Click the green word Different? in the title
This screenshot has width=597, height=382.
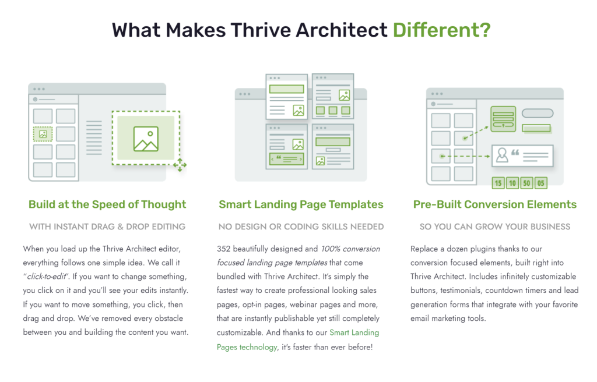[442, 30]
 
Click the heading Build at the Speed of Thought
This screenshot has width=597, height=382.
[107, 205]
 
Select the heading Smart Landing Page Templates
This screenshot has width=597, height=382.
[301, 205]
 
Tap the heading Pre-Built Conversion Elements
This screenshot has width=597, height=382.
[494, 205]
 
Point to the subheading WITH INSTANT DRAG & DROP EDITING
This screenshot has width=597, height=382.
[107, 227]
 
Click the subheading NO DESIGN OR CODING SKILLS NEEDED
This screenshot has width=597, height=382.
[301, 227]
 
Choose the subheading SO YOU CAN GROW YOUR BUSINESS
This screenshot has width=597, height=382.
[494, 227]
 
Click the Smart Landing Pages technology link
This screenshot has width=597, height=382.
[298, 339]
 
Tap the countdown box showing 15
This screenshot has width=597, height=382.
[498, 183]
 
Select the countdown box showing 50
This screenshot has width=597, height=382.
[526, 183]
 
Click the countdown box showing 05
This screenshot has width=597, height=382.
[540, 183]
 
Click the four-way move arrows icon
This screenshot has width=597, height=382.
[180, 165]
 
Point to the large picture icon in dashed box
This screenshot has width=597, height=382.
[146, 139]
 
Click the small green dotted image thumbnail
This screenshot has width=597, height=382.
[43, 134]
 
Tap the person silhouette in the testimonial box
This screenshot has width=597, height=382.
[502, 155]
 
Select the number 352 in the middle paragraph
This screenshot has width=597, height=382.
[223, 249]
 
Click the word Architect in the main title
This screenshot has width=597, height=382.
[342, 30]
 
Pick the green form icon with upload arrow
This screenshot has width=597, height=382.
[503, 119]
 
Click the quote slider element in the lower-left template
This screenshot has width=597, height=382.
[287, 159]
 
